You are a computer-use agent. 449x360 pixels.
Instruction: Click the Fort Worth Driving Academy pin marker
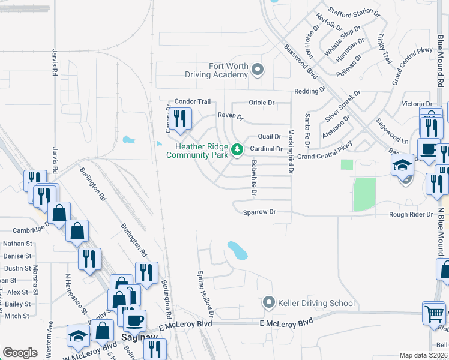tap(258, 70)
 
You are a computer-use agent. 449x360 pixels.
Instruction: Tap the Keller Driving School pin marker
tap(269, 302)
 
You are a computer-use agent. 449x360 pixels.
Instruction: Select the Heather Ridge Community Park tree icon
tap(237, 149)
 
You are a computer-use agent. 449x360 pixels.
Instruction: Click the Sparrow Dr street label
tap(259, 212)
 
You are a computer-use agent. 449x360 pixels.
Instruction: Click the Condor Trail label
tap(193, 102)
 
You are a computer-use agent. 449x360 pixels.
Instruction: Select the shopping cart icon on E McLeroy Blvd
tap(433, 312)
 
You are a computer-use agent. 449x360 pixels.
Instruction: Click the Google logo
tap(20, 353)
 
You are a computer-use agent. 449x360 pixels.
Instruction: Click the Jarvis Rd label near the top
tap(54, 62)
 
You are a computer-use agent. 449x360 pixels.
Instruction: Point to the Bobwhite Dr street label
tap(255, 179)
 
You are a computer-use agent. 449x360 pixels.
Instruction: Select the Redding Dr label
tap(309, 91)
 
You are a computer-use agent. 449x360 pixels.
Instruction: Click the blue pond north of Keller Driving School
tap(237, 250)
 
